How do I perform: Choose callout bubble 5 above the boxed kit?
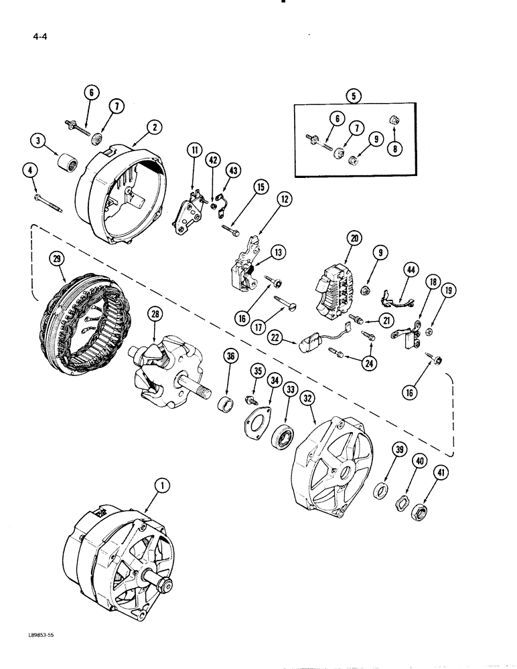pyautogui.click(x=354, y=96)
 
